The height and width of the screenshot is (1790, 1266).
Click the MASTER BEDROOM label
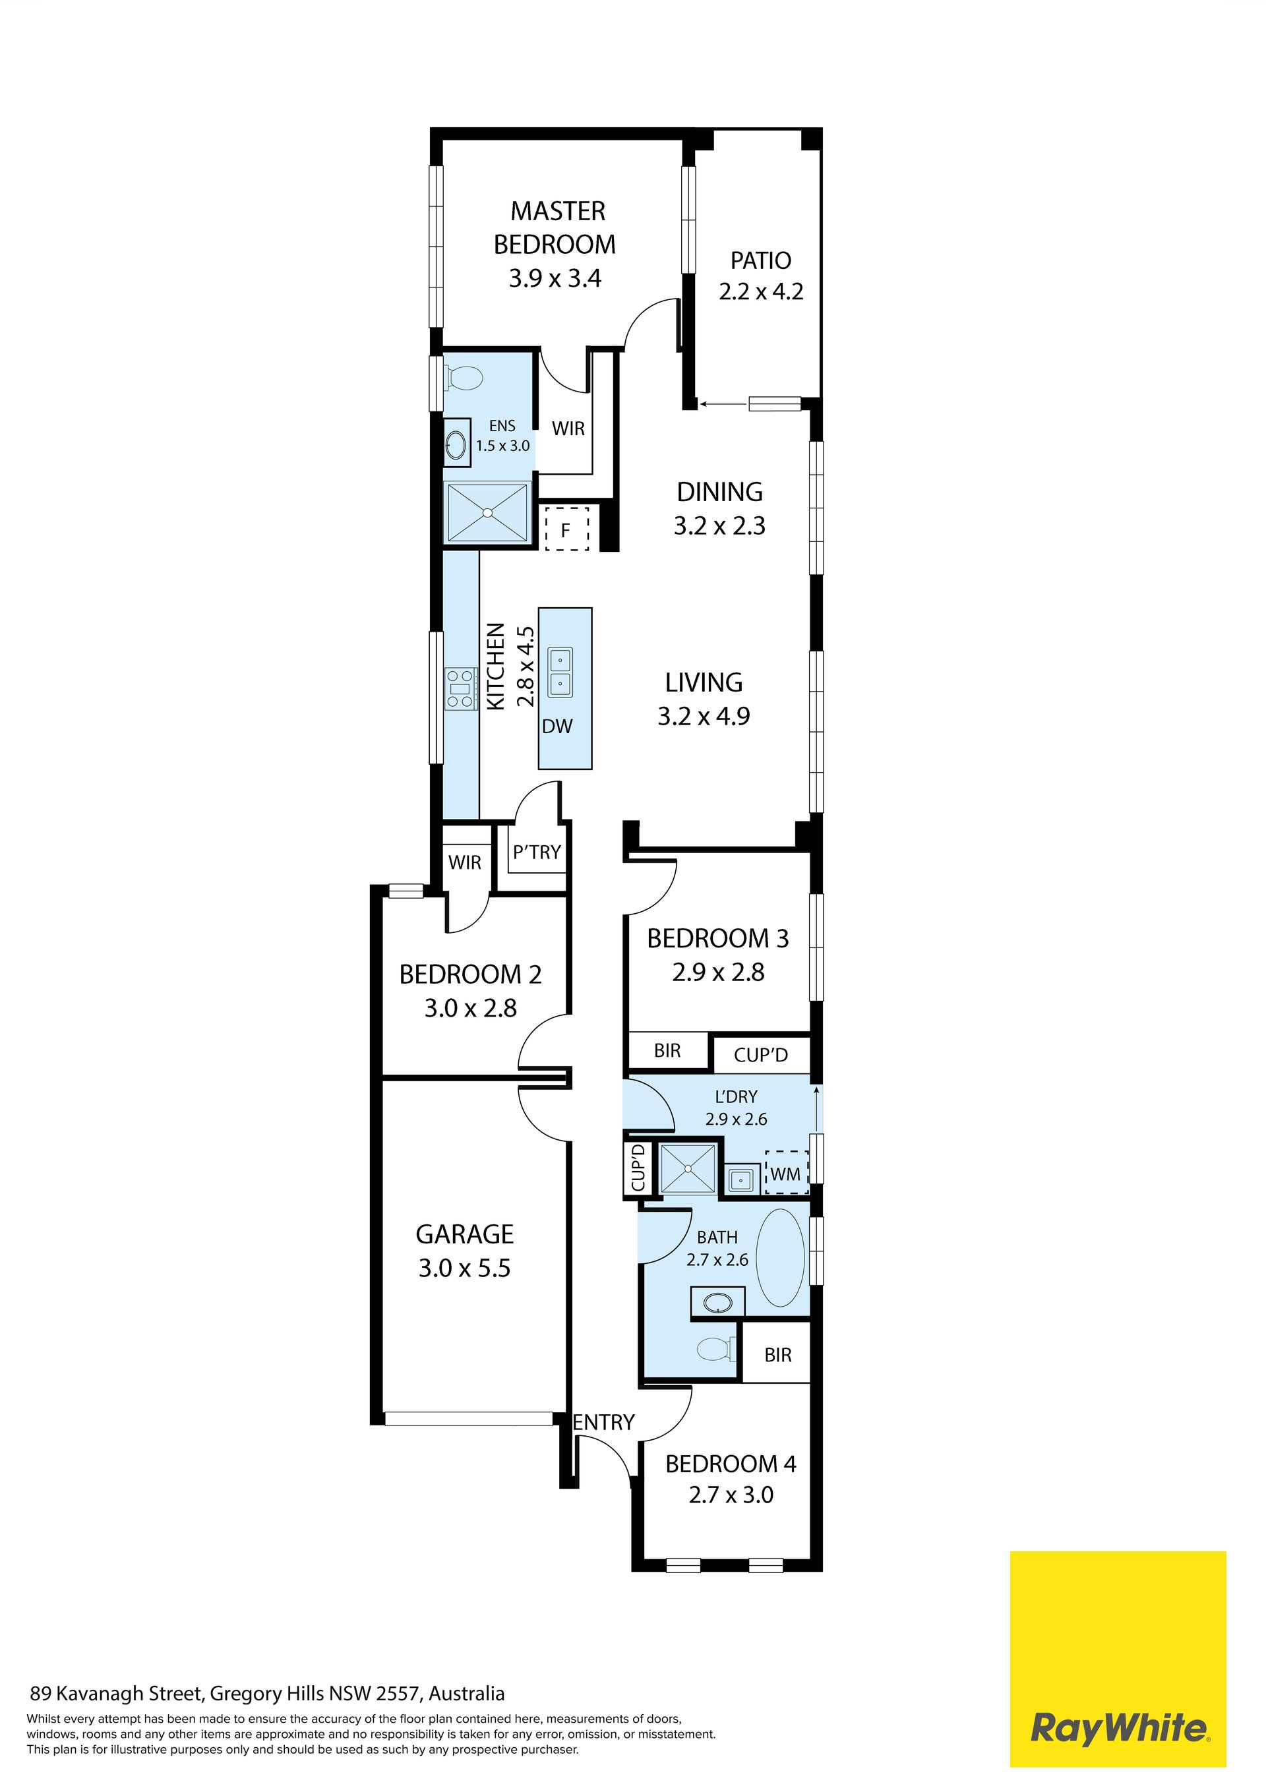(555, 227)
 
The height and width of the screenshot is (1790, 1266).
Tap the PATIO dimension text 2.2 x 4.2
(761, 292)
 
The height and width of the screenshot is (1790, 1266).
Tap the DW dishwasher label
(557, 727)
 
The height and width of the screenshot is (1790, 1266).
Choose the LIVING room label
(704, 683)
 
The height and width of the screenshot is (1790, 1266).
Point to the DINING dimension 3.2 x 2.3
(719, 526)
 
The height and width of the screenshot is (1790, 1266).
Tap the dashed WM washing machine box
(787, 1174)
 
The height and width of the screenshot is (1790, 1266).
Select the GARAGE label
(465, 1234)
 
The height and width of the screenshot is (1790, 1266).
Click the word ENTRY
(604, 1423)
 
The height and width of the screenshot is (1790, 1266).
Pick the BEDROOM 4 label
(731, 1464)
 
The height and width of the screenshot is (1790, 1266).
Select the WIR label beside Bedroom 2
(465, 862)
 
